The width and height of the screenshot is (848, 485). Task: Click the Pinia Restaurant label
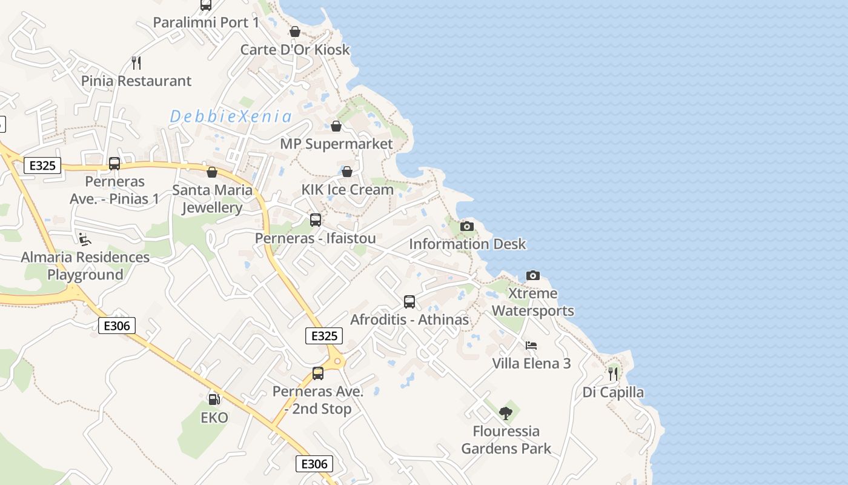tap(136, 81)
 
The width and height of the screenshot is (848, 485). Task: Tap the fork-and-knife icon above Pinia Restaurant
tap(136, 62)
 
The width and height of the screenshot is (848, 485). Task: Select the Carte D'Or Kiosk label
tap(295, 49)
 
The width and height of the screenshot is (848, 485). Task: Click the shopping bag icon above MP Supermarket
tap(336, 126)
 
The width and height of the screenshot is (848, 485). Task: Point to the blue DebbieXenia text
tap(231, 116)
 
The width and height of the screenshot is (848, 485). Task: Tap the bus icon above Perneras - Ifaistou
tap(316, 220)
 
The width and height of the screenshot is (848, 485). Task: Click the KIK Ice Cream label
tap(348, 189)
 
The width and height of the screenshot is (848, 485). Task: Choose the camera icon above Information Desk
tap(467, 226)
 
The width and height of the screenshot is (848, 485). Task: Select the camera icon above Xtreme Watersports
tap(533, 275)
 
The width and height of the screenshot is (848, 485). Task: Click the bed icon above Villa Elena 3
tap(531, 346)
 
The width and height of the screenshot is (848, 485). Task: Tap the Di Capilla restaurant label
tap(613, 392)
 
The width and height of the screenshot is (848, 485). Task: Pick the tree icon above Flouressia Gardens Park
tap(506, 413)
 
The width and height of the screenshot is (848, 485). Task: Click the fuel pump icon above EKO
tap(214, 400)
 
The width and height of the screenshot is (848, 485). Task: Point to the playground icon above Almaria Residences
tap(85, 239)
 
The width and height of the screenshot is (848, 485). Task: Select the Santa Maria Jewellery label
tap(213, 198)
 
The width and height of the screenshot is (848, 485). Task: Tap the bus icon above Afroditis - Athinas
tap(409, 301)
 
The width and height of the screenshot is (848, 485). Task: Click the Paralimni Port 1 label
tap(206, 22)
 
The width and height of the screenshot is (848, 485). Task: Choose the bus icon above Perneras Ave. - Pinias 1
tap(114, 163)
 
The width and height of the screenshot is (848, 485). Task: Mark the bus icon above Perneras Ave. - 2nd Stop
tap(318, 373)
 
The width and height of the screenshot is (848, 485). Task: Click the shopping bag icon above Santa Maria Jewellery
tap(212, 172)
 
